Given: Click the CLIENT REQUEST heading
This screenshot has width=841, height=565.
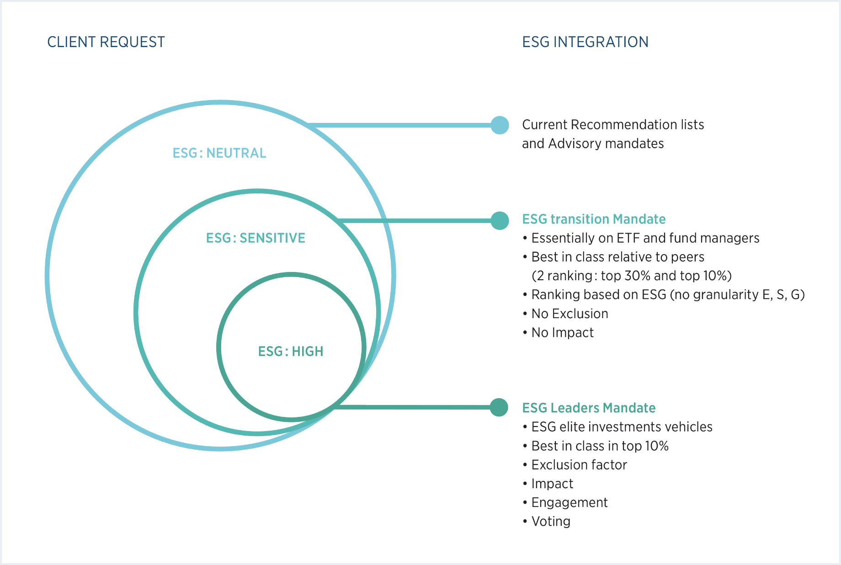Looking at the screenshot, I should (x=106, y=42).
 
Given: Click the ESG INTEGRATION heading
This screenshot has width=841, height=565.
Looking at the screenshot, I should (x=585, y=42).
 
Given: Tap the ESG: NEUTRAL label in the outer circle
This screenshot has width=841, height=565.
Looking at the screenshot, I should (x=219, y=153).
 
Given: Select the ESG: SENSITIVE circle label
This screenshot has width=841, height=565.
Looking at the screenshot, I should (x=255, y=238).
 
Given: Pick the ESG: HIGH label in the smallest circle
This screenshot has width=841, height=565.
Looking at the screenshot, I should (x=291, y=352).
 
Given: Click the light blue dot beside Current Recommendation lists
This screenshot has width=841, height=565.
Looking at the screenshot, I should (x=500, y=125).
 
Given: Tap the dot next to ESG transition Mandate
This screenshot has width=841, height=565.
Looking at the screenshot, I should (x=500, y=221).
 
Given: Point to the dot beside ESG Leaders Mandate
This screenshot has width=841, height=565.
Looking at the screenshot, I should (x=499, y=407).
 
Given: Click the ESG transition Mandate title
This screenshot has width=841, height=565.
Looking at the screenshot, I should (x=594, y=219).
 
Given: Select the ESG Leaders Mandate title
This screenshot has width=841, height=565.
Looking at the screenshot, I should (x=589, y=408).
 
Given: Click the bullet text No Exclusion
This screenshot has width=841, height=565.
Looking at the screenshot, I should (x=570, y=314).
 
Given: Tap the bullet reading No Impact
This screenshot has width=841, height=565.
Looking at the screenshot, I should (x=562, y=333).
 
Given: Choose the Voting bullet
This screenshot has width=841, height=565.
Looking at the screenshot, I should (x=551, y=522).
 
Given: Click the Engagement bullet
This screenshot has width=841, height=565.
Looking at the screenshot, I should (x=569, y=502).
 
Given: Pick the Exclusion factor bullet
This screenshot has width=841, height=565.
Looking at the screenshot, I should (x=579, y=465).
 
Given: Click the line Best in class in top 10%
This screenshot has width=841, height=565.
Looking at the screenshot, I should (x=600, y=446).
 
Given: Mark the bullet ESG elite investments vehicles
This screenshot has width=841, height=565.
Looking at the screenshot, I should (x=622, y=427).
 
